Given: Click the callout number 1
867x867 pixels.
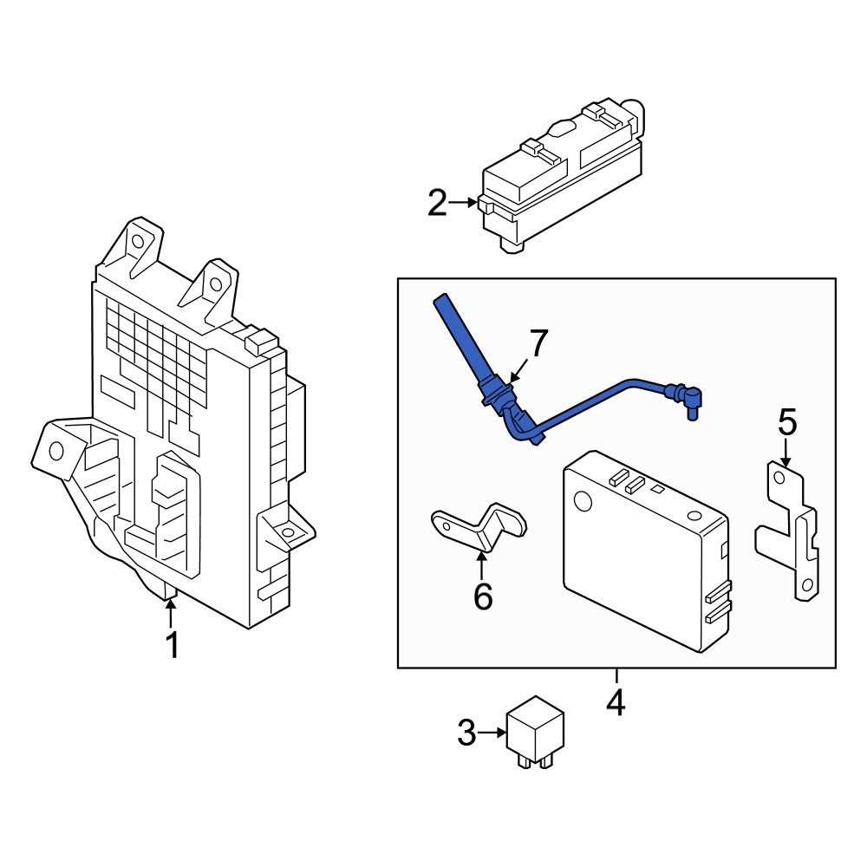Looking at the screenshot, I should (x=172, y=646).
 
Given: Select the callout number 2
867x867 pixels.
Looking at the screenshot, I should (x=438, y=204).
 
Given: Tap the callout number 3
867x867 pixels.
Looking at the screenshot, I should (x=467, y=734).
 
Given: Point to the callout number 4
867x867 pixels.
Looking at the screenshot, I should (x=616, y=703).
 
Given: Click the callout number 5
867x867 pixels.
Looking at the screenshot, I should (x=786, y=423).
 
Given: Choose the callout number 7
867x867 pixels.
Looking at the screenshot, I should (x=538, y=343).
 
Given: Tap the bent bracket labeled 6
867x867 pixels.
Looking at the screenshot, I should (x=481, y=527).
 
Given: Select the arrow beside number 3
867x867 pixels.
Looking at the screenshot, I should (x=492, y=733).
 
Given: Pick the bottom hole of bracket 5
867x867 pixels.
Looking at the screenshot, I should (x=807, y=587).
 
